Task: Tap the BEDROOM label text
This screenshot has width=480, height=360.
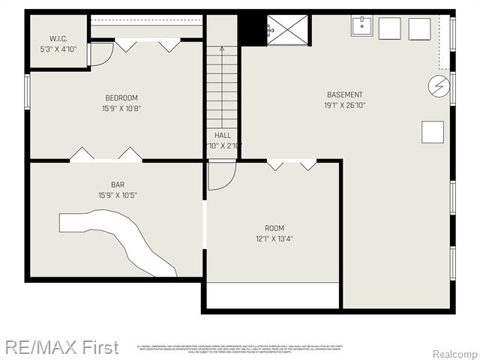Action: click(121, 97)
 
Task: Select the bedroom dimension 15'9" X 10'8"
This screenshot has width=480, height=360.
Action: click(121, 109)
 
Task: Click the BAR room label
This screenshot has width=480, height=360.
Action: click(118, 184)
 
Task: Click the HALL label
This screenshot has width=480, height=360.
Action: click(222, 135)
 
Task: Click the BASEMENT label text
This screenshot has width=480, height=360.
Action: click(344, 94)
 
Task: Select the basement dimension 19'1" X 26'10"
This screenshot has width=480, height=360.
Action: click(344, 105)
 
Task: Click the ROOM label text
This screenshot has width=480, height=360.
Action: click(274, 228)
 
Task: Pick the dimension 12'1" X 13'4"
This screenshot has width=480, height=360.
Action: click(274, 239)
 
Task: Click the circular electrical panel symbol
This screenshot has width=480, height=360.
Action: click(436, 85)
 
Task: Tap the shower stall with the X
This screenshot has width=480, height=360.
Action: click(286, 29)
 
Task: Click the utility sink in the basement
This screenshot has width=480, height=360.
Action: click(361, 27)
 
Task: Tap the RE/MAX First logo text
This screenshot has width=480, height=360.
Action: click(61, 347)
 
